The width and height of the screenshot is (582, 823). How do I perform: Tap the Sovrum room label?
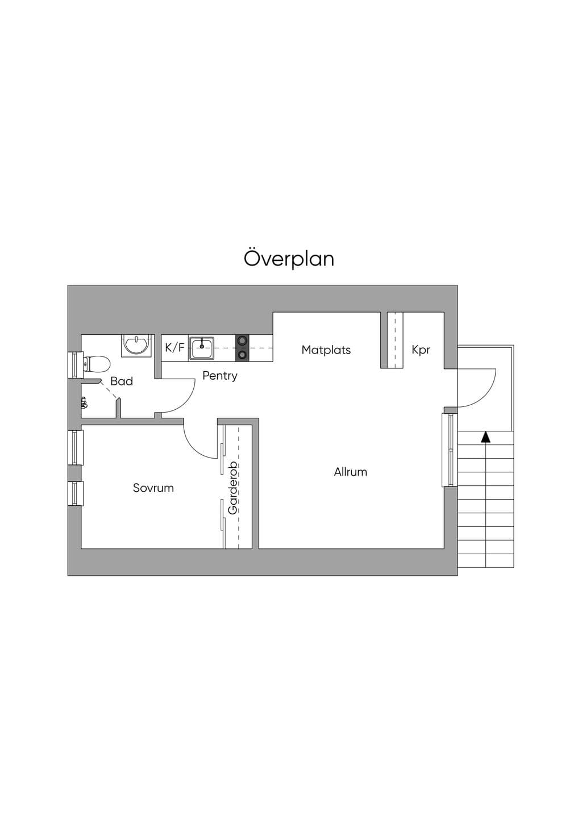click(153, 488)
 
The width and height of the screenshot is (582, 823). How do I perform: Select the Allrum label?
click(351, 472)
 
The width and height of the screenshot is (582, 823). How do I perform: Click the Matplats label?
click(326, 350)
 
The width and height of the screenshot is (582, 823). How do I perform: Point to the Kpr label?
click(421, 350)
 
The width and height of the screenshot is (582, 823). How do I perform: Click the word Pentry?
click(220, 376)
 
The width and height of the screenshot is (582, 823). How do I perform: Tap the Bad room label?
click(122, 381)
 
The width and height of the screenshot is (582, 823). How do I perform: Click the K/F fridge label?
click(174, 347)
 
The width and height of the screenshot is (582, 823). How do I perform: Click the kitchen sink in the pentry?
click(202, 348)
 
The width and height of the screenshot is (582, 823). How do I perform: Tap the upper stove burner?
click(242, 341)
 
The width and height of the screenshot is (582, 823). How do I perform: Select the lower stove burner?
click(242, 355)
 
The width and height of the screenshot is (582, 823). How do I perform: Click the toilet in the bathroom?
click(97, 364)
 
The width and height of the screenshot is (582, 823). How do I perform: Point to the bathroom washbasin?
click(136, 346)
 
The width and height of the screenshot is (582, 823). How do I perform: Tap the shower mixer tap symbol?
click(84, 402)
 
